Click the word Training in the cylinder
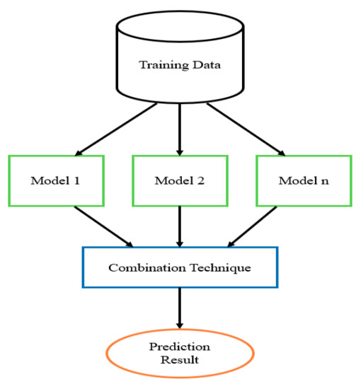[164, 65]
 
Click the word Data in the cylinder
[207, 65]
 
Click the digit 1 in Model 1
[76, 180]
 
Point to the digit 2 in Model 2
[201, 180]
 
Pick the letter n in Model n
[325, 182]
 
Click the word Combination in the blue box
[147, 267]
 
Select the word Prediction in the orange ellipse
[180, 347]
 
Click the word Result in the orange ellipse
[180, 360]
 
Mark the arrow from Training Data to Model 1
[116, 129]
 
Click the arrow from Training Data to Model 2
[180, 129]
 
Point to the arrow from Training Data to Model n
[246, 129]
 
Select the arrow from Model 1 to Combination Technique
[104, 226]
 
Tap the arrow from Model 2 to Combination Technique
[180, 226]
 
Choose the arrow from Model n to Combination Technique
[252, 226]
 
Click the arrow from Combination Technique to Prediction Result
[180, 308]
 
